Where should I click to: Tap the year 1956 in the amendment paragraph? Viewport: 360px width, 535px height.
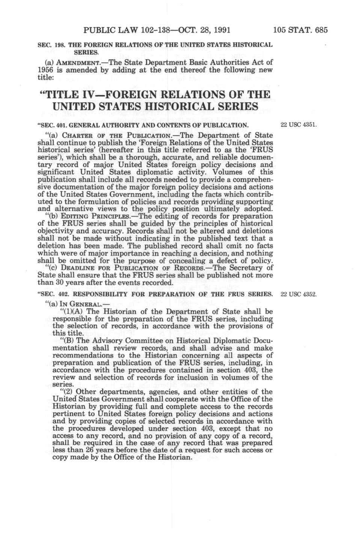pyautogui.click(x=45, y=70)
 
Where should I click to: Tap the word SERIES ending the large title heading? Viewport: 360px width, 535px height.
pyautogui.click(x=230, y=106)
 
